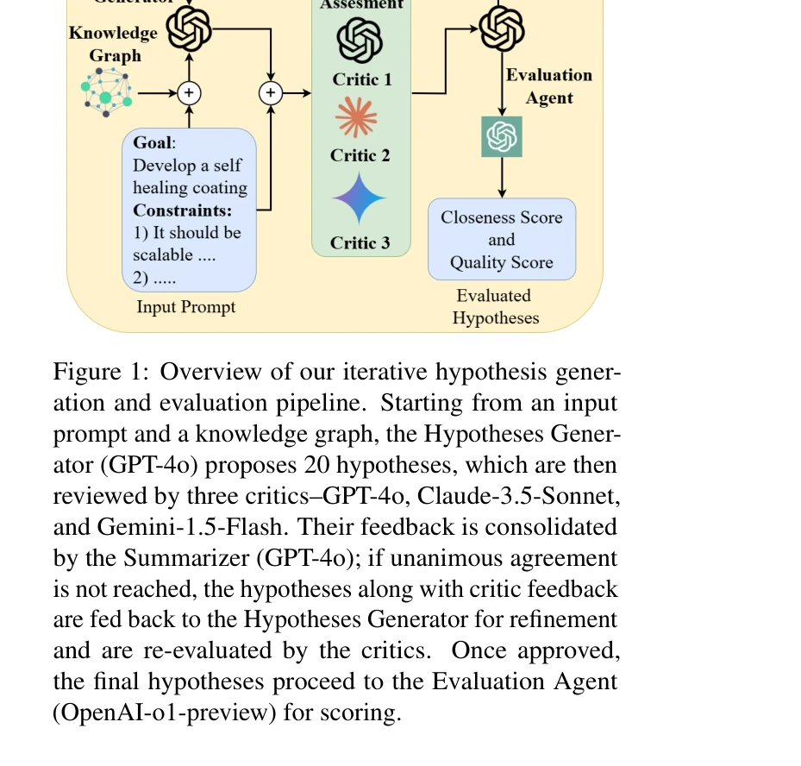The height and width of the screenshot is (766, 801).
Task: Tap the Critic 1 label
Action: pyautogui.click(x=362, y=80)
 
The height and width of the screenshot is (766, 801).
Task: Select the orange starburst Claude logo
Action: pyautogui.click(x=357, y=117)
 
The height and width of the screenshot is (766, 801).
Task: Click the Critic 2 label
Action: pyautogui.click(x=360, y=156)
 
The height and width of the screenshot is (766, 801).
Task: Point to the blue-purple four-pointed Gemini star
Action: pyautogui.click(x=360, y=199)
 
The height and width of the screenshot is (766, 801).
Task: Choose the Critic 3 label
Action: pyautogui.click(x=360, y=243)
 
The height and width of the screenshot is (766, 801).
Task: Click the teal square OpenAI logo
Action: pyautogui.click(x=502, y=137)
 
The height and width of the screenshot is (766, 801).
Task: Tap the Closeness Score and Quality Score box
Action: pyautogui.click(x=502, y=240)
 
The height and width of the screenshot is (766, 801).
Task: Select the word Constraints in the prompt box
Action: pyautogui.click(x=183, y=210)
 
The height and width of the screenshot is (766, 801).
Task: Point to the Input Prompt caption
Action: pyautogui.click(x=186, y=306)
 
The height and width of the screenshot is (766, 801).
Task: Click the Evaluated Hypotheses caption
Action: pyautogui.click(x=495, y=307)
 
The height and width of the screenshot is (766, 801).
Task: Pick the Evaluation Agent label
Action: pyautogui.click(x=549, y=86)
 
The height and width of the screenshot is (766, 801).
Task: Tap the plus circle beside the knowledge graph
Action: pyautogui.click(x=189, y=92)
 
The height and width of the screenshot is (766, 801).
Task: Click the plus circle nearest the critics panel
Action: pyautogui.click(x=271, y=92)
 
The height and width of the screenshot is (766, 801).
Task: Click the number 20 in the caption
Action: pyautogui.click(x=316, y=465)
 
